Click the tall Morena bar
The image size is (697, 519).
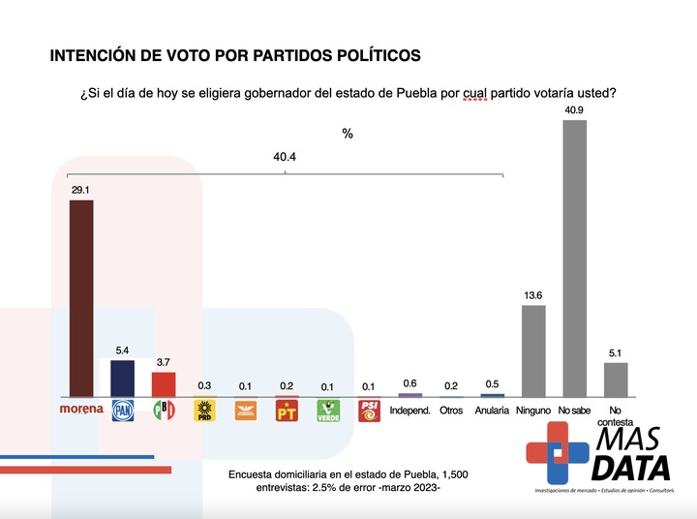[81, 298]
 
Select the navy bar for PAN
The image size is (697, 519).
[123, 378]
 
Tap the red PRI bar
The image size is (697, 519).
[164, 383]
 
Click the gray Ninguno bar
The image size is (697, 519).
[533, 351]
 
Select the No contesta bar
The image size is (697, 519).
[616, 379]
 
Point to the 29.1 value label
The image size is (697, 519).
[81, 191]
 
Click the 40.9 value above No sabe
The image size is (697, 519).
[575, 110]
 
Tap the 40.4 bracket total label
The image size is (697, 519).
[285, 156]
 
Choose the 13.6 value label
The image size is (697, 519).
[533, 296]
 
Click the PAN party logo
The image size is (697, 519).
[123, 411]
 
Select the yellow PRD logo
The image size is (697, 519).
[205, 411]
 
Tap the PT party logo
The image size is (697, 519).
[287, 411]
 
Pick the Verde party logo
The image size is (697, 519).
[328, 411]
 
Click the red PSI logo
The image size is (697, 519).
[369, 411]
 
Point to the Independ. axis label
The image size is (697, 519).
[410, 411]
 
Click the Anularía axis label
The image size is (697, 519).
[493, 411]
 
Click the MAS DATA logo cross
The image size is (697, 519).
[556, 451]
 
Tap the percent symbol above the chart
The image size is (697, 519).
[348, 134]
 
